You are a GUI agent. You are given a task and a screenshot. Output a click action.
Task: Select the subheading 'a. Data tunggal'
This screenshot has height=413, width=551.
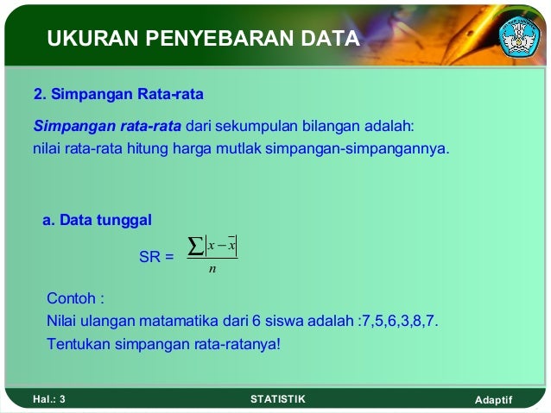click(97, 221)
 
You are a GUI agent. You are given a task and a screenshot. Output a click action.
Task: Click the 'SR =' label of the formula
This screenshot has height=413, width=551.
click(155, 256)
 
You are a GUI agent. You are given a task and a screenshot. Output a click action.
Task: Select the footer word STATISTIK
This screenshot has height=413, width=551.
click(276, 399)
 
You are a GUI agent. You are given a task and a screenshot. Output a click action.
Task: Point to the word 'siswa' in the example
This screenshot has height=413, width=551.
click(282, 322)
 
